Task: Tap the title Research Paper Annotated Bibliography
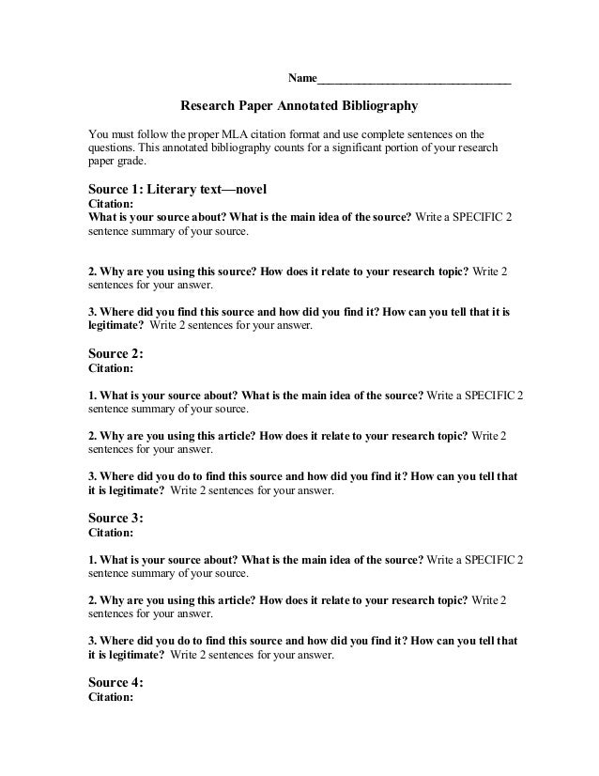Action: [x=298, y=107]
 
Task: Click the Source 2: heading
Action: [x=115, y=355]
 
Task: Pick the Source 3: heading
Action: [x=115, y=518]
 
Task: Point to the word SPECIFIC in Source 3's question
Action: [x=484, y=560]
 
